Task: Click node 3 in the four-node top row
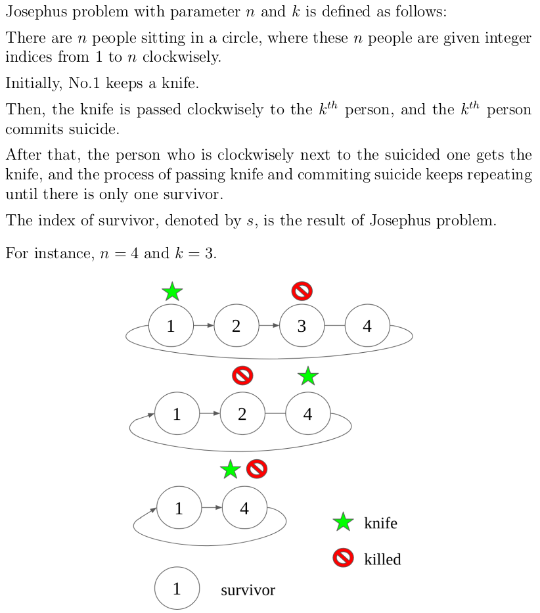point(302,326)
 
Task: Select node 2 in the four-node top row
point(236,326)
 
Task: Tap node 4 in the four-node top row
point(367,326)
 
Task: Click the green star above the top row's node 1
point(171,291)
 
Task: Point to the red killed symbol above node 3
point(302,290)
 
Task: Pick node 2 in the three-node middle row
point(242,414)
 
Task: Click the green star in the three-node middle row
point(307,376)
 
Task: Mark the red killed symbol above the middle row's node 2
point(242,375)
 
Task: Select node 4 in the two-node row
point(244,508)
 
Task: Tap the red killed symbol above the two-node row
point(256,469)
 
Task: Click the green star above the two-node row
point(230,470)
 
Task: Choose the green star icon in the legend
point(343,523)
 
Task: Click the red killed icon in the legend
point(343,558)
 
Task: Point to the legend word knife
point(380,524)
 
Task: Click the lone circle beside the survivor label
point(177,589)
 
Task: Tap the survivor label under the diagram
point(248,590)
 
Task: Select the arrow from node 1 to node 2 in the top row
point(204,325)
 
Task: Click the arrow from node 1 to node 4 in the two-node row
point(212,507)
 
